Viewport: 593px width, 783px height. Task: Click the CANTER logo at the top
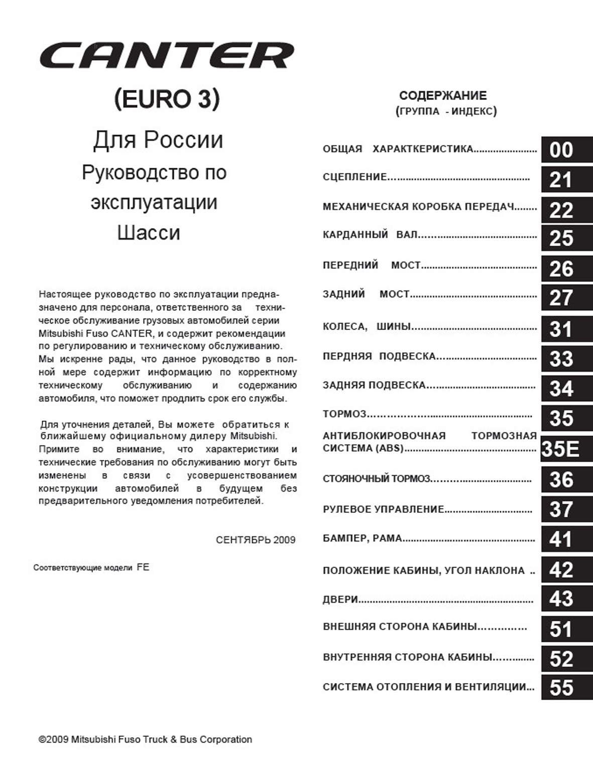167,55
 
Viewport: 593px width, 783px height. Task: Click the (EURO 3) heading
167,99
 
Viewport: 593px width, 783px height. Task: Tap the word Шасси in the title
149,233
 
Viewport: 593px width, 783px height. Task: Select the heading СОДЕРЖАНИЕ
443,95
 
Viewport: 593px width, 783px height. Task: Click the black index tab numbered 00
566,150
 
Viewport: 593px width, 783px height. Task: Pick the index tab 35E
566,449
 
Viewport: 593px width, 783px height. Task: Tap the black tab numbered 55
566,687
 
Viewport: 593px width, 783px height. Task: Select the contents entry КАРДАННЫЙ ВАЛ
371,235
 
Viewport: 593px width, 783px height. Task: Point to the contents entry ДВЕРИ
340,599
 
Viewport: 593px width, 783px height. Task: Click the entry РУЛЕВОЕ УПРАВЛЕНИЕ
384,509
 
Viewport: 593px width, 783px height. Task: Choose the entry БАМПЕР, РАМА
363,538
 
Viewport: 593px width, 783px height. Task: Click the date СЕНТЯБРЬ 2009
256,540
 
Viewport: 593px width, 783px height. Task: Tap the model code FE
143,567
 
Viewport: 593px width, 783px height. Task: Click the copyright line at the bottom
146,739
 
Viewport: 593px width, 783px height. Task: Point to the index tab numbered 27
566,298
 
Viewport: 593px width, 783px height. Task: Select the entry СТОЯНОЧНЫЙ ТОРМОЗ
377,479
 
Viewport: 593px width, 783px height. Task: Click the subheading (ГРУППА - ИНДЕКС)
446,111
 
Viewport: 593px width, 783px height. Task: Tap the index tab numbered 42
566,570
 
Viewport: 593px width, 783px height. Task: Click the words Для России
158,140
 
